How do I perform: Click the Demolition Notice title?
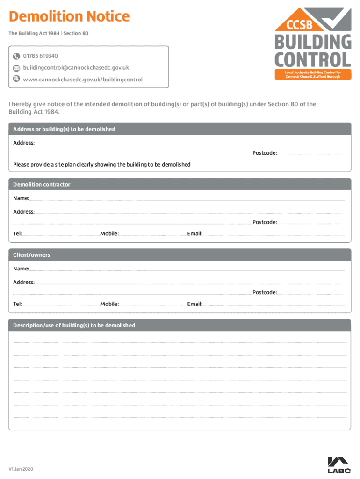69,17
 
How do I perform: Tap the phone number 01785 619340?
41,56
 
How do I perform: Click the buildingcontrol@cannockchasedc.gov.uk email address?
76,68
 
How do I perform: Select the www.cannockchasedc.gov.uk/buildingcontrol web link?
83,80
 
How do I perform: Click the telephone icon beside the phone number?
16,57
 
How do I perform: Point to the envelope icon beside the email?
16,68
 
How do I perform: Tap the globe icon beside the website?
16,79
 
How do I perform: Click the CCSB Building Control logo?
313,44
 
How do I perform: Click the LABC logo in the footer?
338,465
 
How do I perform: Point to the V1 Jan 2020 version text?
21,469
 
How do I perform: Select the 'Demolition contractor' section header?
42,184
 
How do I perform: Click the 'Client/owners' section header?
31,255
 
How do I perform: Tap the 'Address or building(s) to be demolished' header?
64,129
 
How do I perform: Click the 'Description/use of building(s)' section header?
74,325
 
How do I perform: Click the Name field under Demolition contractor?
187,199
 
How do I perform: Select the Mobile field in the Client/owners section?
152,304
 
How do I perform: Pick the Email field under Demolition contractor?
274,233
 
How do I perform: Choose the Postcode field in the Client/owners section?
312,293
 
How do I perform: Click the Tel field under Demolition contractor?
60,233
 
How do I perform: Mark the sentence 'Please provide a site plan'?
101,165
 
